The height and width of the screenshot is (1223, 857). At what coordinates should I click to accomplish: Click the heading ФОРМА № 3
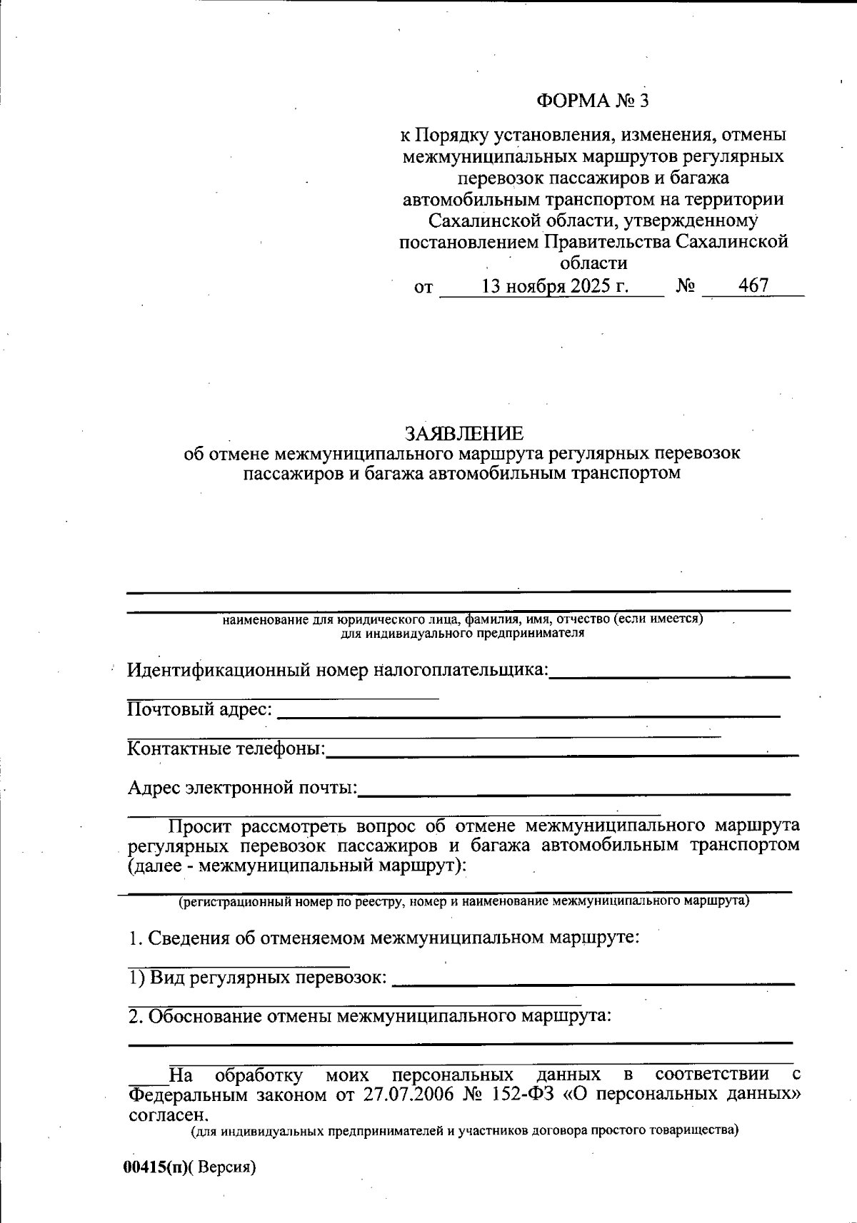pos(592,101)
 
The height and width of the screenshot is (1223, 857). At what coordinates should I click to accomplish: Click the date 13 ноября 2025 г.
pos(555,287)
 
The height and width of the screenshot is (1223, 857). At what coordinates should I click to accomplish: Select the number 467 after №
pos(753,286)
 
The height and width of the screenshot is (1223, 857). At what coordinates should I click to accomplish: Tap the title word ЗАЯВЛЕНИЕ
pos(463,433)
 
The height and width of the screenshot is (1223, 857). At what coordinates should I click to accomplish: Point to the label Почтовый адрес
pos(199,709)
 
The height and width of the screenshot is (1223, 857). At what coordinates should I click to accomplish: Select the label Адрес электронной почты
pos(242,788)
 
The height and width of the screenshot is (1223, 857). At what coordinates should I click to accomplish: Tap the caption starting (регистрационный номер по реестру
pos(463,901)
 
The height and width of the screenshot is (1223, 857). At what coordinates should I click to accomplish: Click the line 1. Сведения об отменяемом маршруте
pos(384,938)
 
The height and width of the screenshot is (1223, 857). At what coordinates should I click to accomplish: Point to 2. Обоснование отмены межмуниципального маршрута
pos(370,1015)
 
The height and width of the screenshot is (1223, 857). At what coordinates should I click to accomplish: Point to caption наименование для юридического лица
pos(463,619)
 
